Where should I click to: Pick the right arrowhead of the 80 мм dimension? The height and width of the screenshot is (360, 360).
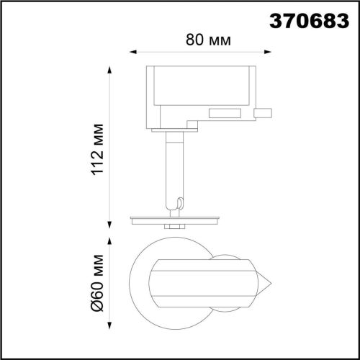click(x=269, y=51)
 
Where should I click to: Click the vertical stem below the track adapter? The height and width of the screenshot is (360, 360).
click(x=174, y=166)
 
